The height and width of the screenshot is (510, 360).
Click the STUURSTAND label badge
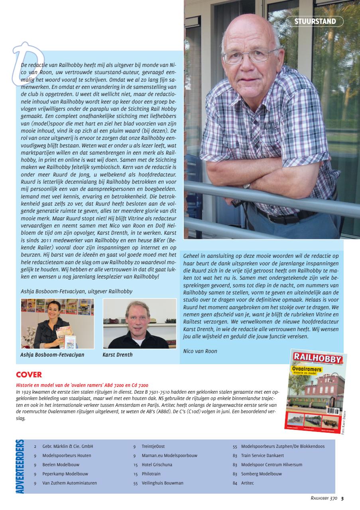(315, 22)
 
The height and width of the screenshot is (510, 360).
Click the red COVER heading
(29, 375)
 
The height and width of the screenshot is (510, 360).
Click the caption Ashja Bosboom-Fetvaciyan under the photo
(52, 354)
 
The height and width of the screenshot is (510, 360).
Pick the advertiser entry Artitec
(247, 483)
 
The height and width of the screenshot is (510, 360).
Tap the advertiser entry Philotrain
(151, 474)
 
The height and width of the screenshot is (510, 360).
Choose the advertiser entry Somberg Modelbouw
(261, 474)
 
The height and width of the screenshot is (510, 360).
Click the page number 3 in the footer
(342, 498)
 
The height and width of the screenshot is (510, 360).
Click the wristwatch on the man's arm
(247, 186)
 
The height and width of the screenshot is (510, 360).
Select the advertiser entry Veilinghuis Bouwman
(162, 483)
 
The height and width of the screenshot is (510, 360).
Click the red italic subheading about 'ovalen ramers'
(82, 385)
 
